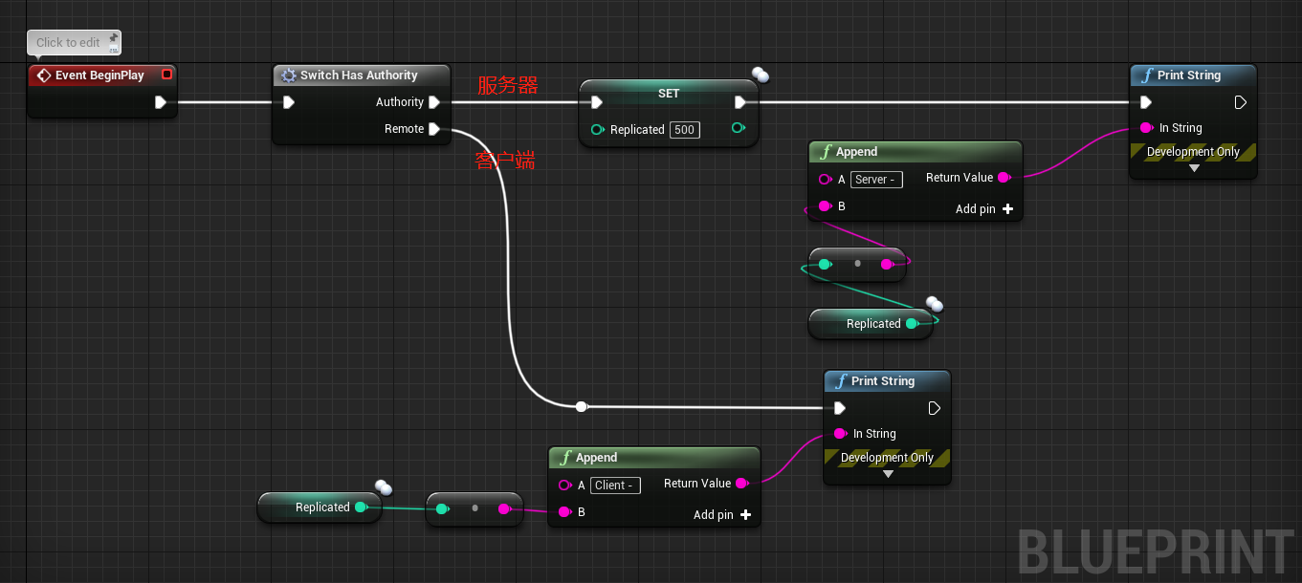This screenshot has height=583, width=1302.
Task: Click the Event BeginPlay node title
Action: coord(99,76)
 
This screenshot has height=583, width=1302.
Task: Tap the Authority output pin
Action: coord(434,102)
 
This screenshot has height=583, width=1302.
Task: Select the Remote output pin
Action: coord(434,129)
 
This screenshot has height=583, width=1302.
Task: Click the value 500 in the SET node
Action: coord(684,130)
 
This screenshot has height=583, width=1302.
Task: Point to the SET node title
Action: coord(669,94)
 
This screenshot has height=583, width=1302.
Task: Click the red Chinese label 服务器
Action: coord(508,86)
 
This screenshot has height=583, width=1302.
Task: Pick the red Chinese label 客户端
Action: coord(505,161)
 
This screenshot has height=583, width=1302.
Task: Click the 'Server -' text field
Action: coord(875,180)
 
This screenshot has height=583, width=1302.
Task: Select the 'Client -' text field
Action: coord(615,486)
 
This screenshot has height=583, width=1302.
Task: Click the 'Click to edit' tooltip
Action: coord(68,43)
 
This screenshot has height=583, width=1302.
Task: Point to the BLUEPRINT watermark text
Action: coord(1155,552)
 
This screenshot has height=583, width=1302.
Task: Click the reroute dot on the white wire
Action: coord(582,407)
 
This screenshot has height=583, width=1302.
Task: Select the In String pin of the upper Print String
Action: coord(1146,128)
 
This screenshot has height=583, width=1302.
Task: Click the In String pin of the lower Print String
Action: coord(840,434)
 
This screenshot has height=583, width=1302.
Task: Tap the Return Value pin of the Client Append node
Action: coord(741,484)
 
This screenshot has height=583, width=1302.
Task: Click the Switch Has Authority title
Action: coord(359,76)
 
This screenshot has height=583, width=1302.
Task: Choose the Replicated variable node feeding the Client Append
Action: coord(321,507)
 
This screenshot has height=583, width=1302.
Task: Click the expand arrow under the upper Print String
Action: coord(1193,168)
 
